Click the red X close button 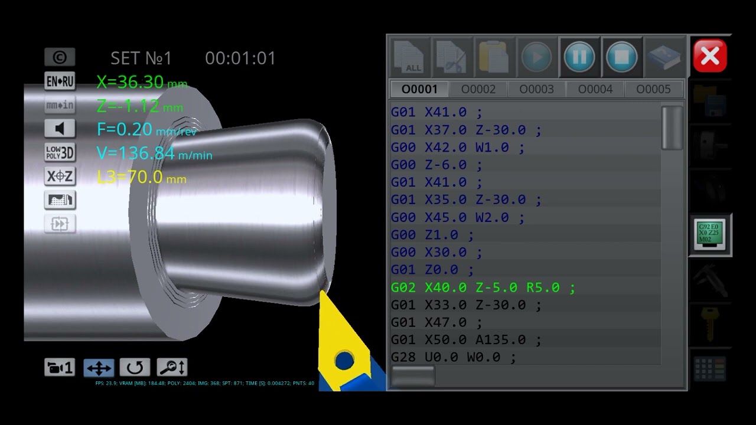(x=709, y=56)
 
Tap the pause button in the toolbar (x=579, y=57)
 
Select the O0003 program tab (x=536, y=89)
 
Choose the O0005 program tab (x=653, y=89)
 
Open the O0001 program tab (x=419, y=89)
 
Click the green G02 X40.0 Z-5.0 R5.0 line (x=483, y=287)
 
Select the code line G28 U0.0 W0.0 (x=453, y=357)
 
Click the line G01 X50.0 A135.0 (x=466, y=340)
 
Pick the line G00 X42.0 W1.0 (x=457, y=147)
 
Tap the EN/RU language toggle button (x=60, y=81)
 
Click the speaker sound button (x=60, y=129)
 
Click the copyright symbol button (x=60, y=57)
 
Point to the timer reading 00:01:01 (x=240, y=58)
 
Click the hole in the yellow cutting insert (x=344, y=359)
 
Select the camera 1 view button (x=59, y=368)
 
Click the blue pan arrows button (x=99, y=368)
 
